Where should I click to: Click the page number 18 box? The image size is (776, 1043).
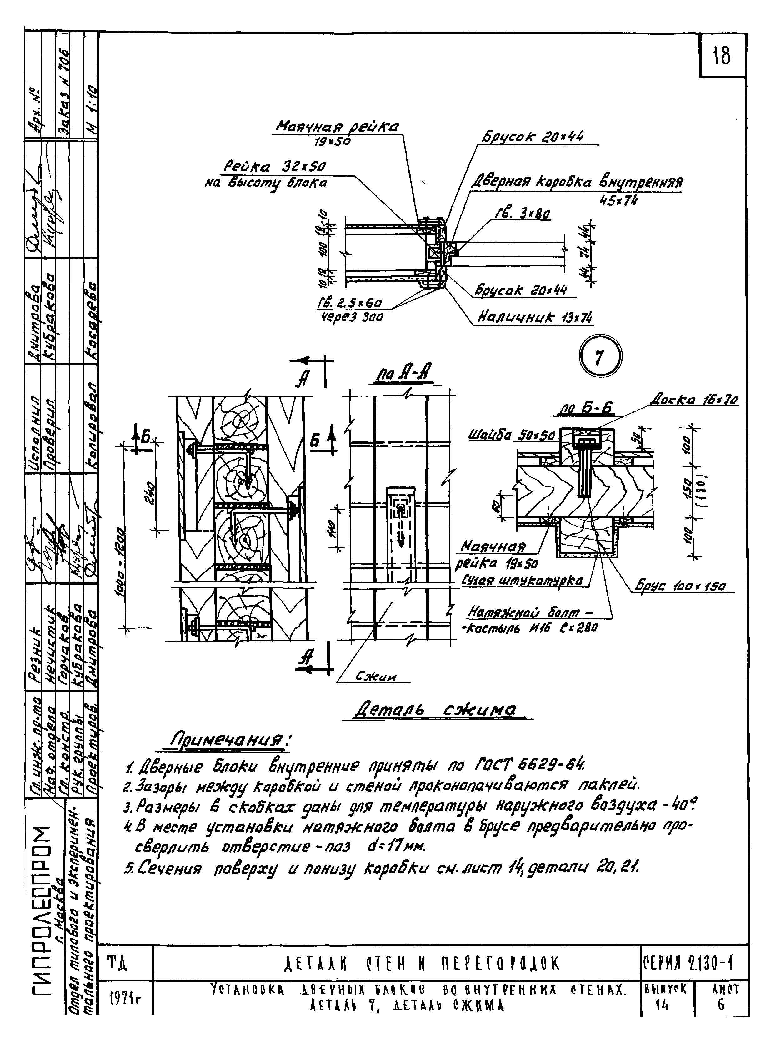click(722, 56)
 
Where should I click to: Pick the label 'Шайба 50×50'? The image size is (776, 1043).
click(512, 436)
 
